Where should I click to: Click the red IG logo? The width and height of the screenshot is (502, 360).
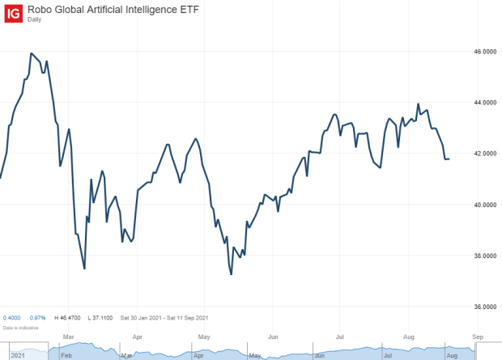(x=14, y=13)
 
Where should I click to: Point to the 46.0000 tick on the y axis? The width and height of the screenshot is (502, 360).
(x=484, y=52)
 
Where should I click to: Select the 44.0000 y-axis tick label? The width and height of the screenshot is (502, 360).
(x=484, y=103)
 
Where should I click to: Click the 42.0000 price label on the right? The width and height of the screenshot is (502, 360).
(x=484, y=154)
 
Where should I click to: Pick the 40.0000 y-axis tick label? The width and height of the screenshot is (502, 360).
(x=484, y=205)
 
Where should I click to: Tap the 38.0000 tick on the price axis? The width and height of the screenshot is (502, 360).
(x=484, y=256)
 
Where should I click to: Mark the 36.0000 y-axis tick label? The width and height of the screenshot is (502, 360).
(x=484, y=307)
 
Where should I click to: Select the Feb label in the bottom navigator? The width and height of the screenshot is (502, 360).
(x=66, y=354)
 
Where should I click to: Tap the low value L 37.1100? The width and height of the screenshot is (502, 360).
(x=102, y=317)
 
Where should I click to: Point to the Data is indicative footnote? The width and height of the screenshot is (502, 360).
(x=18, y=327)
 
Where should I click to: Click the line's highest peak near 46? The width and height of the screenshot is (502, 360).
(x=31, y=53)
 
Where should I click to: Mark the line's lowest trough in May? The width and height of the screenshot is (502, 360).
(x=232, y=274)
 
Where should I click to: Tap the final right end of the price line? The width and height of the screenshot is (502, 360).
(x=449, y=159)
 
